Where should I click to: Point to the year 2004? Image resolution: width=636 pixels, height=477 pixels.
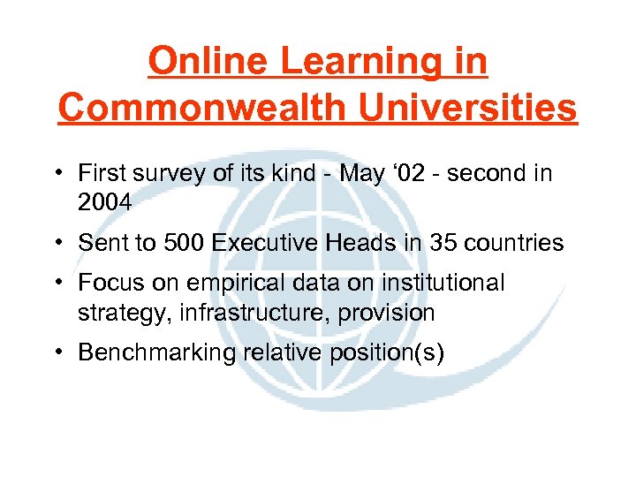coord(105,202)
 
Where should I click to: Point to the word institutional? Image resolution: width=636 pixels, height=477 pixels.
coord(442,284)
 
